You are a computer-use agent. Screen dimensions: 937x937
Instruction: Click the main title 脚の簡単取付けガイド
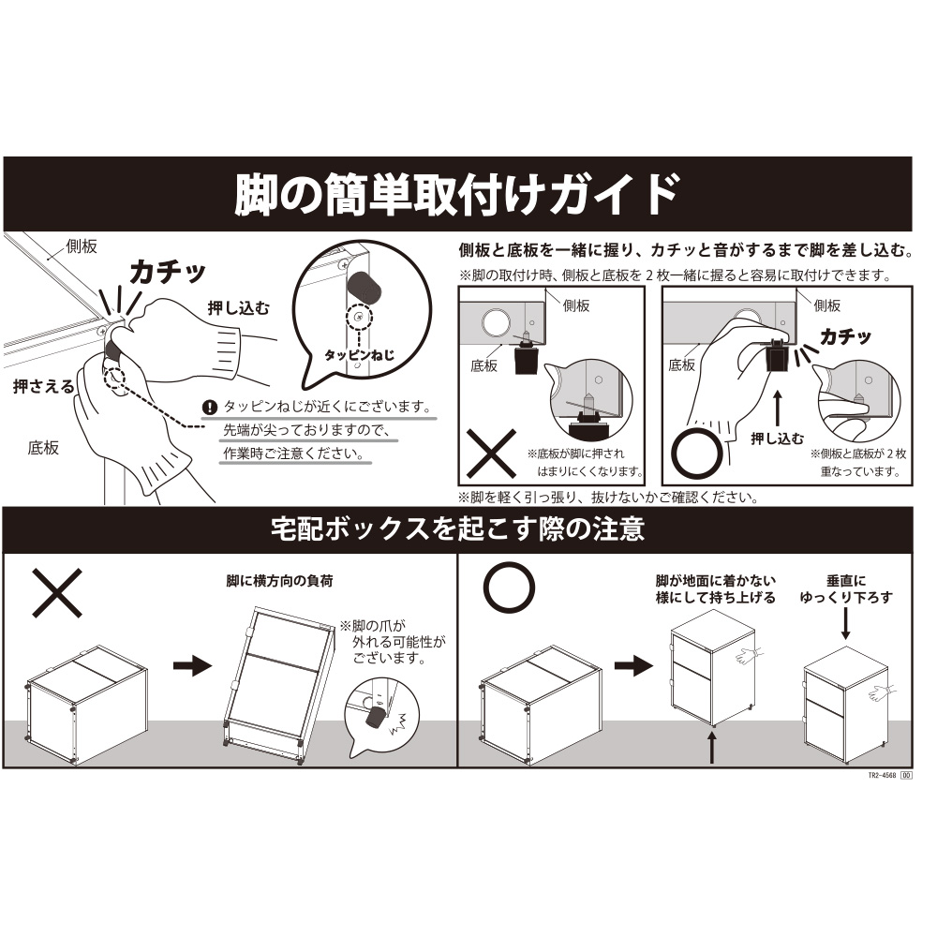click(456, 194)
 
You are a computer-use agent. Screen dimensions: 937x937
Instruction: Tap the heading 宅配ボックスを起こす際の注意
click(458, 528)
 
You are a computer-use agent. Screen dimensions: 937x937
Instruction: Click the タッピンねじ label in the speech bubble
click(359, 355)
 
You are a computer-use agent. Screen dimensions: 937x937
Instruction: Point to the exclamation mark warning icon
click(210, 408)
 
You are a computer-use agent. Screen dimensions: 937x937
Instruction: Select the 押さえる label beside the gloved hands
click(44, 387)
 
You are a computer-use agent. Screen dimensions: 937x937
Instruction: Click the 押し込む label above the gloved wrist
click(238, 308)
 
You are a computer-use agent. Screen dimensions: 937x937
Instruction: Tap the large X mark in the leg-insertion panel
click(491, 453)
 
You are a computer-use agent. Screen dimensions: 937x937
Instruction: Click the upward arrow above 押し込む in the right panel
click(778, 409)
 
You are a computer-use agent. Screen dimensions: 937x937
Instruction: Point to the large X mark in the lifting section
click(57, 592)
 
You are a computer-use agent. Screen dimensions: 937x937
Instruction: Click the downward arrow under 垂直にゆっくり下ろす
click(845, 623)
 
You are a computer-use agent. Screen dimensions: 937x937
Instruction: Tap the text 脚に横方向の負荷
click(279, 581)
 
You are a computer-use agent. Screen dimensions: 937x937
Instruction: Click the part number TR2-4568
click(882, 776)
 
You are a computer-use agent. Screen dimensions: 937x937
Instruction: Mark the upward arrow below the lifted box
click(712, 748)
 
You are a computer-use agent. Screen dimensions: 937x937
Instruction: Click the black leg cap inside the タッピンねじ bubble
click(364, 290)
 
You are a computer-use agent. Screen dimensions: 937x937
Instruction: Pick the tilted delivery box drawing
click(278, 686)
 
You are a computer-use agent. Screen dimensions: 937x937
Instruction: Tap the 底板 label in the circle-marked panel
click(682, 365)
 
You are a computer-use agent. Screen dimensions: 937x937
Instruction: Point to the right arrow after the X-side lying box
click(192, 665)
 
